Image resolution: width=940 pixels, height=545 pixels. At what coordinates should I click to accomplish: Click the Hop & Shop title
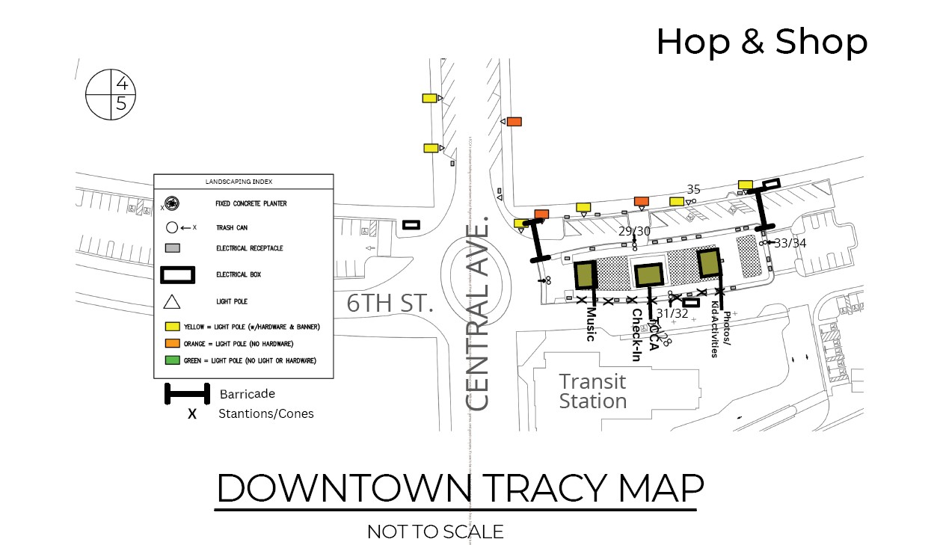761,42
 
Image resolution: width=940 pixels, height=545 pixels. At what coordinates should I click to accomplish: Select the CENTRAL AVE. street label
477,314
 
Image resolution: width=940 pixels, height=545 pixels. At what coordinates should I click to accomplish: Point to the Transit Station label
593,391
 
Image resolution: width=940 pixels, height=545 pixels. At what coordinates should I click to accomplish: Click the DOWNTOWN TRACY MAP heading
460,488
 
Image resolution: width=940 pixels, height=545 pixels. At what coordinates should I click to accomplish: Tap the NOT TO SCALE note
435,532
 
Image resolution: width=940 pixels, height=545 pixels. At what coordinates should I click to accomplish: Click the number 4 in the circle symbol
121,84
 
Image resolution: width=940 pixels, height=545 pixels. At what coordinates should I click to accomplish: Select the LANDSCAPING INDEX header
243,182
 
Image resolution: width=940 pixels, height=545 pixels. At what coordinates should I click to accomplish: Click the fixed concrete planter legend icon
172,203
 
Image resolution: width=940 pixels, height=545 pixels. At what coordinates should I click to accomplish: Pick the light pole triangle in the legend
172,302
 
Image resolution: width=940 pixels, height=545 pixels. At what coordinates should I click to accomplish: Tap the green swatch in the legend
172,360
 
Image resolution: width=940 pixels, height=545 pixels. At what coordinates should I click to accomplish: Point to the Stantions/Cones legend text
265,413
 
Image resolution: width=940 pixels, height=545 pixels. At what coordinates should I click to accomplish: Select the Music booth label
591,324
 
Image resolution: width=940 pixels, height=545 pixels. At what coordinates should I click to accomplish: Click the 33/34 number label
790,243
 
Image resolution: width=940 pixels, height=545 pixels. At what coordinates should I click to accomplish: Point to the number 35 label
694,189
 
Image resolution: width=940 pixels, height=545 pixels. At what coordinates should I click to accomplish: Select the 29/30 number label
634,231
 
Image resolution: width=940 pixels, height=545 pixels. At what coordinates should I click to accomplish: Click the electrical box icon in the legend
179,275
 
